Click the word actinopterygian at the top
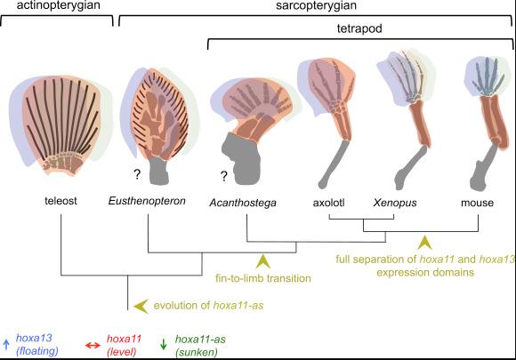click(58, 5)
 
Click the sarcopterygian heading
click(316, 5)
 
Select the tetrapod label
click(359, 28)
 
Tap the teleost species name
click(60, 201)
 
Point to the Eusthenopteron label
click(147, 201)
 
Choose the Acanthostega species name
click(243, 203)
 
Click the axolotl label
click(329, 203)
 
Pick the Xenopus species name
click(395, 203)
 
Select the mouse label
click(477, 203)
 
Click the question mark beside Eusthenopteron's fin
click(137, 174)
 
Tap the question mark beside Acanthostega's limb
click(224, 176)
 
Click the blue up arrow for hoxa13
click(5, 344)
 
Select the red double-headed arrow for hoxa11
click(93, 346)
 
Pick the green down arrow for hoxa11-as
click(163, 344)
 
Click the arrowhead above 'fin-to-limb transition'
click(263, 261)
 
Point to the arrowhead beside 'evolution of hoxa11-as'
click(141, 306)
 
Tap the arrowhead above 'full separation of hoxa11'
click(424, 243)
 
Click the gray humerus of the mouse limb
click(481, 168)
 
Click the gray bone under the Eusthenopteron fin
click(159, 171)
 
